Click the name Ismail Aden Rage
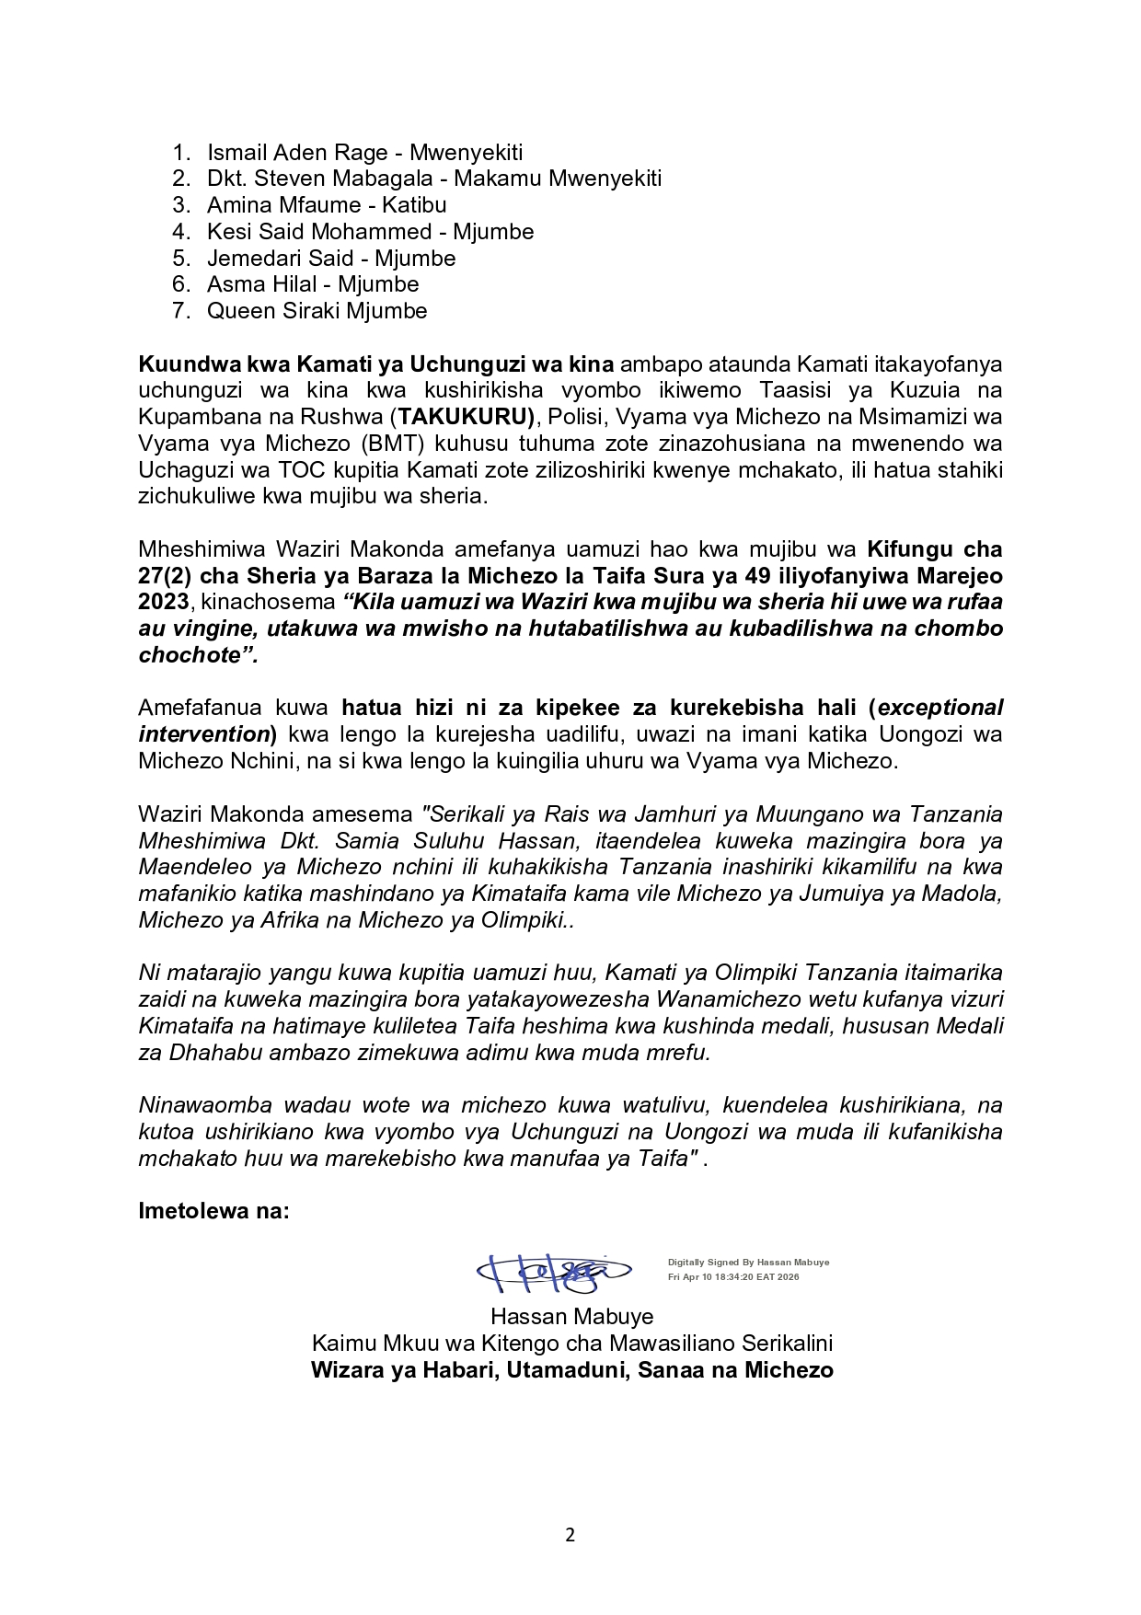[297, 153]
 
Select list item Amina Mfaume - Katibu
[327, 205]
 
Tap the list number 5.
[181, 259]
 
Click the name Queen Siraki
[266, 311]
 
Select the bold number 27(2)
[167, 576]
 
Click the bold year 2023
[164, 603]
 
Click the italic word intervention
[203, 734]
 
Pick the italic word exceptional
[940, 708]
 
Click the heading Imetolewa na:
[213, 1211]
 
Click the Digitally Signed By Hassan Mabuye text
[748, 1263]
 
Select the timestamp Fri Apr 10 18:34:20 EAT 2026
[733, 1277]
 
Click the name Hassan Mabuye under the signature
[571, 1317]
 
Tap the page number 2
[570, 1535]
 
